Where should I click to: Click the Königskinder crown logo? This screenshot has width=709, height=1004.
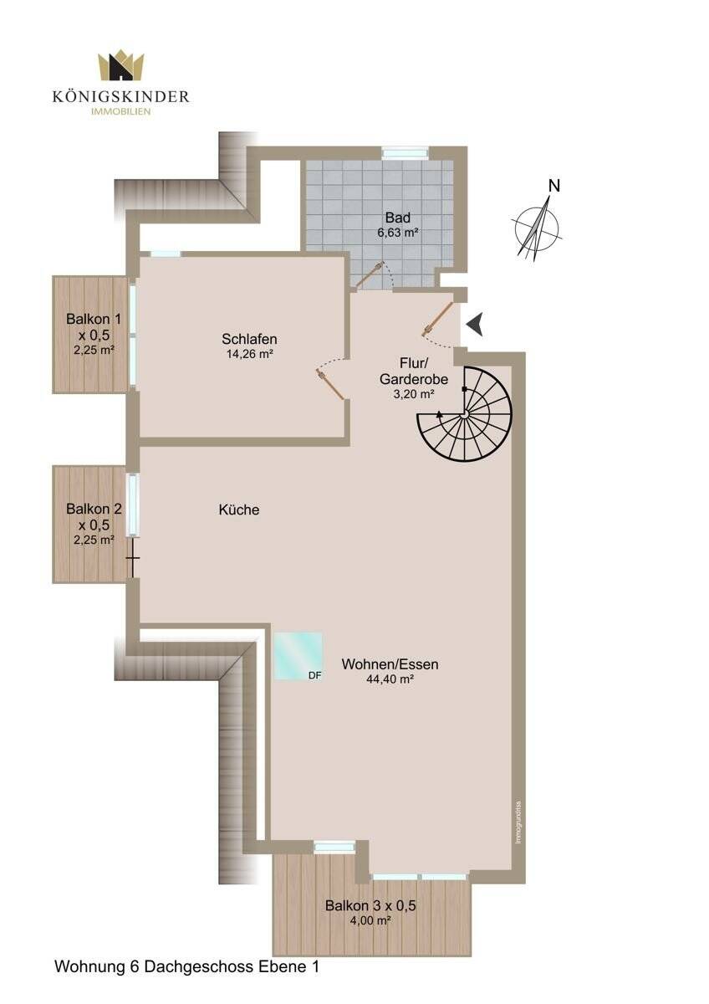120,65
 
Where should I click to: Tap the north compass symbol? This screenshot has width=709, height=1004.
538,224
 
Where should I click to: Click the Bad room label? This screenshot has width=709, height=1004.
398,218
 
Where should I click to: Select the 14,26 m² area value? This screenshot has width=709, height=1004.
250,354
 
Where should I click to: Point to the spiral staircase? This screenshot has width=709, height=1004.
465,414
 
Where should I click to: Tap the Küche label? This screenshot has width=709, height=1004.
239,510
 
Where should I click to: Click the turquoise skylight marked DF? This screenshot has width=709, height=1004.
298,656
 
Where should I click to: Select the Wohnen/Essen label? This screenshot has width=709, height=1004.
390,664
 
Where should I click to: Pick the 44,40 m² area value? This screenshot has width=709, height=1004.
390,679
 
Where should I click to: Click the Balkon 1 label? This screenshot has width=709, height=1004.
94,319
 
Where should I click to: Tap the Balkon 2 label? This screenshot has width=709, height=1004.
94,509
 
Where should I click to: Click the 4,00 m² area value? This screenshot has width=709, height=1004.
371,920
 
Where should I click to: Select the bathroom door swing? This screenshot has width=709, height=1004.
371,276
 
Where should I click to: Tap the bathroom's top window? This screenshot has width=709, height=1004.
406,152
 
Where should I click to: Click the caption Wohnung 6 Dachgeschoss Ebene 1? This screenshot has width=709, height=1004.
187,966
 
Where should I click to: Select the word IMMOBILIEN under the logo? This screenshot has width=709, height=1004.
121,111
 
